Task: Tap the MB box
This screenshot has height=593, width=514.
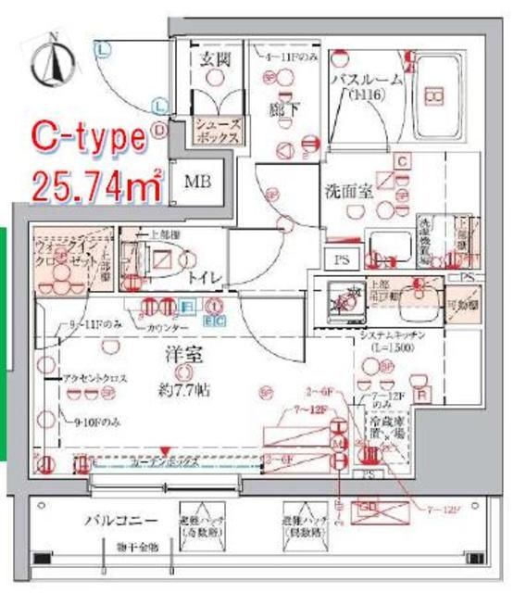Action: tap(195, 183)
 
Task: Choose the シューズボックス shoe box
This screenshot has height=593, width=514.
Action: tap(218, 130)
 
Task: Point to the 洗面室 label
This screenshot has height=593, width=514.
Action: tap(348, 191)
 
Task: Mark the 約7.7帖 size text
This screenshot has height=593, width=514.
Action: tap(182, 391)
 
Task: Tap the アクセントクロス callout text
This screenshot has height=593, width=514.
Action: tap(90, 379)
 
